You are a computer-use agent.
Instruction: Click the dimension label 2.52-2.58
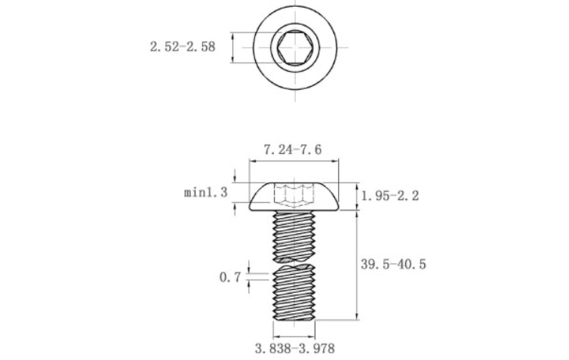[x=183, y=47]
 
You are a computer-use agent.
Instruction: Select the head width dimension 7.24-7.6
[x=293, y=149]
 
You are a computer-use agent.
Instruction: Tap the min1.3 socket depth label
[x=206, y=192]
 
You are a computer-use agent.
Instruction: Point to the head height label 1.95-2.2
[x=390, y=196]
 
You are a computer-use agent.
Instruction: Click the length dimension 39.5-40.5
[x=393, y=264]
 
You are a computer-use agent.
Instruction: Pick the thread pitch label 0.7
[x=230, y=277]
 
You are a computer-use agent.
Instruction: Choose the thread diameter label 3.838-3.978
[x=294, y=349]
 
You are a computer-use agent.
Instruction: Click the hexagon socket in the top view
[x=295, y=48]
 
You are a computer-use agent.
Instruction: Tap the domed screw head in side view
[x=294, y=196]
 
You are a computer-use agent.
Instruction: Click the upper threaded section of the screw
[x=294, y=236]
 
